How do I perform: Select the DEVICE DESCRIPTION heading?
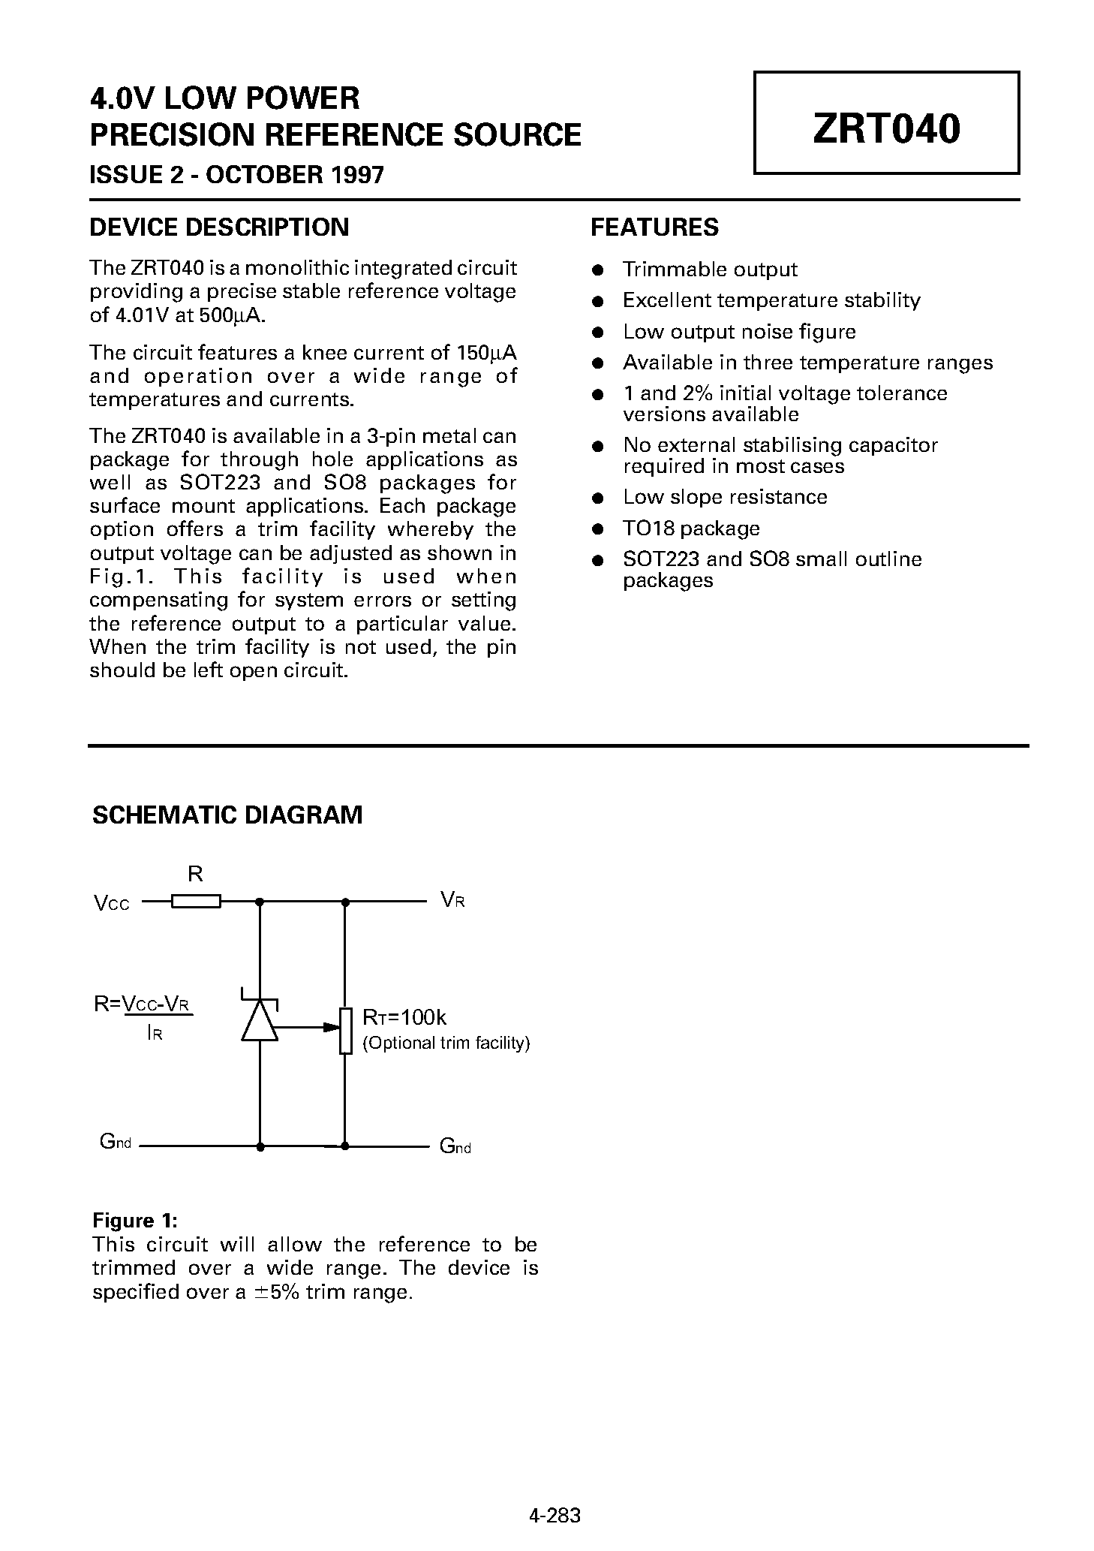219,227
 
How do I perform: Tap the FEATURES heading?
654,227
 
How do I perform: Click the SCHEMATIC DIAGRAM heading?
227,815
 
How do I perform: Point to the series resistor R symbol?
196,901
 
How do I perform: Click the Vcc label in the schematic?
112,903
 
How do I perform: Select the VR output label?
452,900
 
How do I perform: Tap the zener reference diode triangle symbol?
260,1022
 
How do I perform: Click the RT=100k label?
404,1017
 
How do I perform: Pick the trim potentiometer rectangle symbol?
345,1030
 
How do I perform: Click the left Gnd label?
116,1143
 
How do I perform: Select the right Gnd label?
455,1146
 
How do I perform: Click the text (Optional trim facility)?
446,1043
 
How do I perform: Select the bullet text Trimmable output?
710,270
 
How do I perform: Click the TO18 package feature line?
691,529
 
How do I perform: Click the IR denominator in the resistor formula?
155,1034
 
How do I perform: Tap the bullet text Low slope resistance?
725,497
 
